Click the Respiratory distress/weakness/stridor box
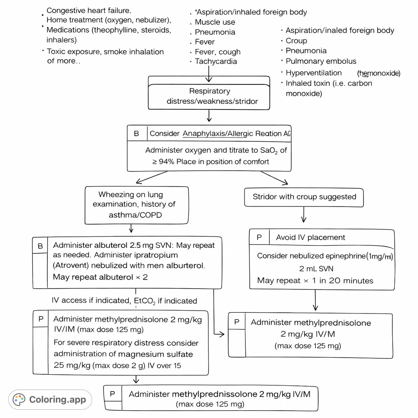click(x=209, y=96)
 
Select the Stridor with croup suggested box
click(x=304, y=197)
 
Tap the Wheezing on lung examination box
click(x=136, y=205)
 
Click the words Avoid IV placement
click(x=310, y=238)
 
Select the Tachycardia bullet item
click(x=216, y=62)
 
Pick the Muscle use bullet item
click(x=215, y=22)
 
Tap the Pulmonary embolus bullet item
click(x=321, y=61)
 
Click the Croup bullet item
click(x=296, y=41)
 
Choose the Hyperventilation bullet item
click(x=313, y=73)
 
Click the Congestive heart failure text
click(x=89, y=11)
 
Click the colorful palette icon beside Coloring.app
click(x=19, y=399)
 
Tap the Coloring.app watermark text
click(x=58, y=399)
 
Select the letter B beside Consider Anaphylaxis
click(x=136, y=133)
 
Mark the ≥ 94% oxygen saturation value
click(x=163, y=162)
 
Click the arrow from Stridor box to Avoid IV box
click(x=303, y=215)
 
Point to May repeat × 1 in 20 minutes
click(x=315, y=281)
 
